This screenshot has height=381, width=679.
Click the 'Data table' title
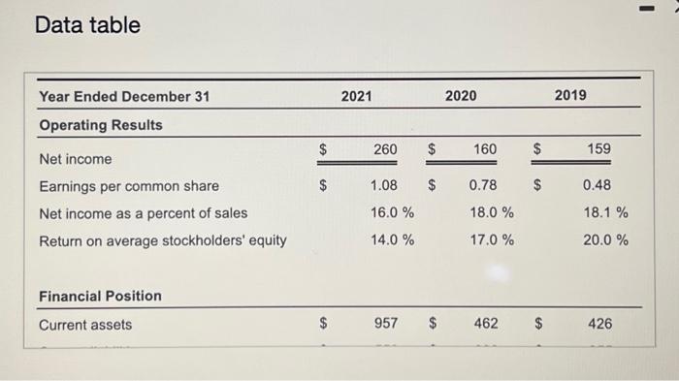pyautogui.click(x=87, y=25)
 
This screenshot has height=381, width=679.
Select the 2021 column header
pyautogui.click(x=356, y=96)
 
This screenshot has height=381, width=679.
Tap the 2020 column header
pyautogui.click(x=460, y=96)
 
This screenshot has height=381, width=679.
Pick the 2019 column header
pyautogui.click(x=570, y=96)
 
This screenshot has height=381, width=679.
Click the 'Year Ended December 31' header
pyautogui.click(x=123, y=96)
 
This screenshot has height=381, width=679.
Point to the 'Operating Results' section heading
pyautogui.click(x=101, y=125)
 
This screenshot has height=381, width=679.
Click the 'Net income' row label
pyautogui.click(x=75, y=158)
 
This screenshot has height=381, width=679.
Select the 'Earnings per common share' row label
pyautogui.click(x=128, y=186)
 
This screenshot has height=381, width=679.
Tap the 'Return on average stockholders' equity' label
pyautogui.click(x=162, y=240)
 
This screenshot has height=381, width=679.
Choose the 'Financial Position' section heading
pyautogui.click(x=100, y=296)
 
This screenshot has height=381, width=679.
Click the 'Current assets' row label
pyautogui.click(x=85, y=325)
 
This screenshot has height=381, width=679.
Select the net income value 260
pyautogui.click(x=385, y=149)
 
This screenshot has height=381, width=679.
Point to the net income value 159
pyautogui.click(x=598, y=149)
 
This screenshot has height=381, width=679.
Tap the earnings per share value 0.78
pyautogui.click(x=485, y=185)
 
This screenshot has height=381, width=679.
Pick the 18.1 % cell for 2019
pyautogui.click(x=605, y=212)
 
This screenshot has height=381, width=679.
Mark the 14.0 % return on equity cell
pyautogui.click(x=393, y=239)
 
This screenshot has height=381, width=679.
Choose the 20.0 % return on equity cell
pyautogui.click(x=605, y=239)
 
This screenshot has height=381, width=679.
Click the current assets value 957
pyautogui.click(x=385, y=324)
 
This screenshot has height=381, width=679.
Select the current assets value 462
pyautogui.click(x=486, y=324)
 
